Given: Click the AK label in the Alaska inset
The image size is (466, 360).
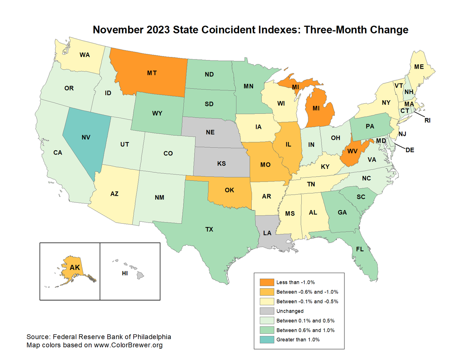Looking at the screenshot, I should [75, 267].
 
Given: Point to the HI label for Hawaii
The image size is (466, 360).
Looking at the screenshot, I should [125, 273].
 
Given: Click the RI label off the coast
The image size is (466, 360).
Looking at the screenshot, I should [428, 120].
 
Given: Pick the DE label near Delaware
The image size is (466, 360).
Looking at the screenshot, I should [410, 150].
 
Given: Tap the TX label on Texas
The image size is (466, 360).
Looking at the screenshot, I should [209, 230].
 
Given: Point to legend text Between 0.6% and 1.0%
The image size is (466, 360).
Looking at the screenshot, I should [305, 330].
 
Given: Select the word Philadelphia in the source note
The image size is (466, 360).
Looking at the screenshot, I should [151, 336].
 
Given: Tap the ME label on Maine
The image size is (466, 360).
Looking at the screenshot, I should [419, 67].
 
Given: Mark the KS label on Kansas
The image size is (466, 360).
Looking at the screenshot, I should [221, 163].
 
